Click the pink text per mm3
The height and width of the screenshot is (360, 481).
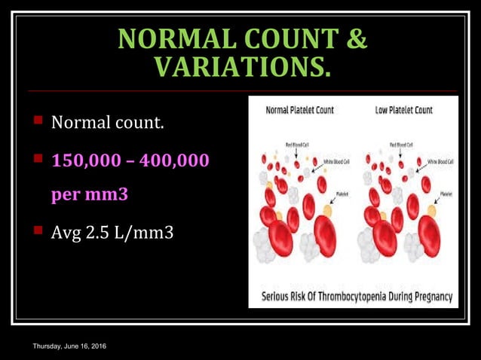90,194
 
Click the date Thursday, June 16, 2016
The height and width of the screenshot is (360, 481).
69,346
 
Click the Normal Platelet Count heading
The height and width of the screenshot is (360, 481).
299,110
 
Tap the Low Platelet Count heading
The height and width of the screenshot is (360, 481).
403,110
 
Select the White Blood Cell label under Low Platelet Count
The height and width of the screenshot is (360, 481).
440,161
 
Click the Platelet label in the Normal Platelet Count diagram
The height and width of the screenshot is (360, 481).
343,194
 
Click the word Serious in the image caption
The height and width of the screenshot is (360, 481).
276,296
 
